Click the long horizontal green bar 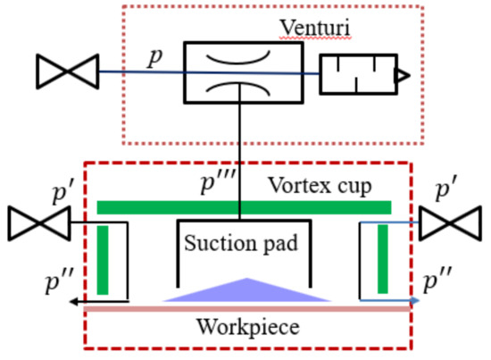point(244,208)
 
